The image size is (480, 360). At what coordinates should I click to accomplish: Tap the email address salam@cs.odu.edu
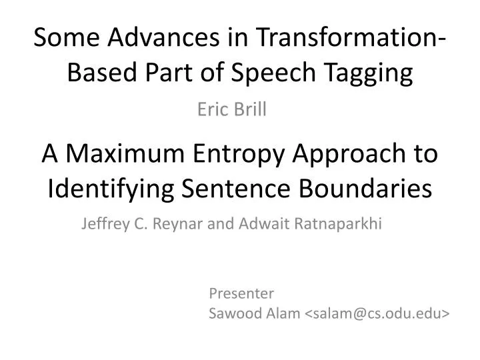tap(376, 313)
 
